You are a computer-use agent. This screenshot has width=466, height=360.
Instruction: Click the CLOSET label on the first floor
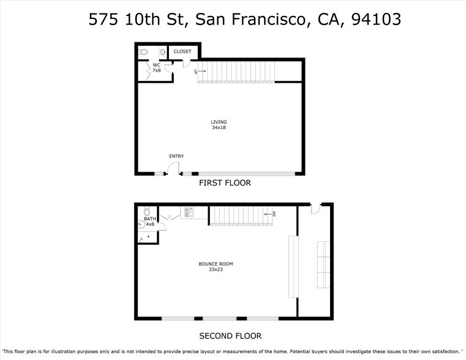click(x=182, y=51)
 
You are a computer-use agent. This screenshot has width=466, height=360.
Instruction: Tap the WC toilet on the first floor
click(x=143, y=52)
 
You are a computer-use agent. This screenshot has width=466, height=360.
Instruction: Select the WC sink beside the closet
click(x=162, y=52)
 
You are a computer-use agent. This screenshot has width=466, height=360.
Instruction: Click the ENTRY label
click(x=176, y=156)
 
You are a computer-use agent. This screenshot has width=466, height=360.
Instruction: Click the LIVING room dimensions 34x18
click(x=219, y=127)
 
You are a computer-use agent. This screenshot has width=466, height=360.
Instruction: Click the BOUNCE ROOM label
click(x=216, y=264)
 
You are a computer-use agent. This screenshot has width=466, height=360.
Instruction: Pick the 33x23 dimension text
click(x=216, y=269)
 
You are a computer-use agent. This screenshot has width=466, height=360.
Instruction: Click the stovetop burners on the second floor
click(x=187, y=212)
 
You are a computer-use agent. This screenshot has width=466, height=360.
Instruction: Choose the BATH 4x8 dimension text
click(x=150, y=224)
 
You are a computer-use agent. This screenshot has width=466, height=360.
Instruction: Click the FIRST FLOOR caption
click(x=225, y=183)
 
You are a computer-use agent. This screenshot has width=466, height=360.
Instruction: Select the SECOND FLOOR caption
click(x=230, y=336)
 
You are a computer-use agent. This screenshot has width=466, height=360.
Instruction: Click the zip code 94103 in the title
click(x=376, y=19)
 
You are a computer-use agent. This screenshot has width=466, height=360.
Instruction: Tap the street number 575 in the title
click(x=101, y=19)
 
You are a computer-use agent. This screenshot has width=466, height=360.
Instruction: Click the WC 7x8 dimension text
click(x=157, y=70)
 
